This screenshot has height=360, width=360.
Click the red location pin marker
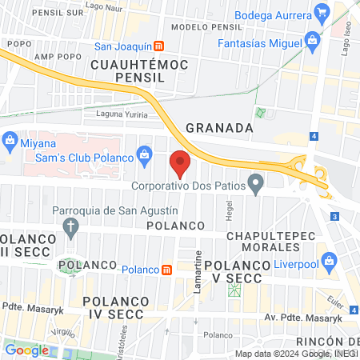[180, 163]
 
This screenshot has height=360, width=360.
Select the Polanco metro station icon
[166, 270]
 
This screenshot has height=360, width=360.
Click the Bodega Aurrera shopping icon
[322, 11]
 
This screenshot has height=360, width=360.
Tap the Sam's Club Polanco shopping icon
[144, 153]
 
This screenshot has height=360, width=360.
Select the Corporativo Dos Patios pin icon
[256, 186]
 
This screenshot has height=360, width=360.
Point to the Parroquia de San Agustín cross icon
[71, 226]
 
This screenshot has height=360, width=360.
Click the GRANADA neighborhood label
[219, 127]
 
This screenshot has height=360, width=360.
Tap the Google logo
[26, 350]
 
